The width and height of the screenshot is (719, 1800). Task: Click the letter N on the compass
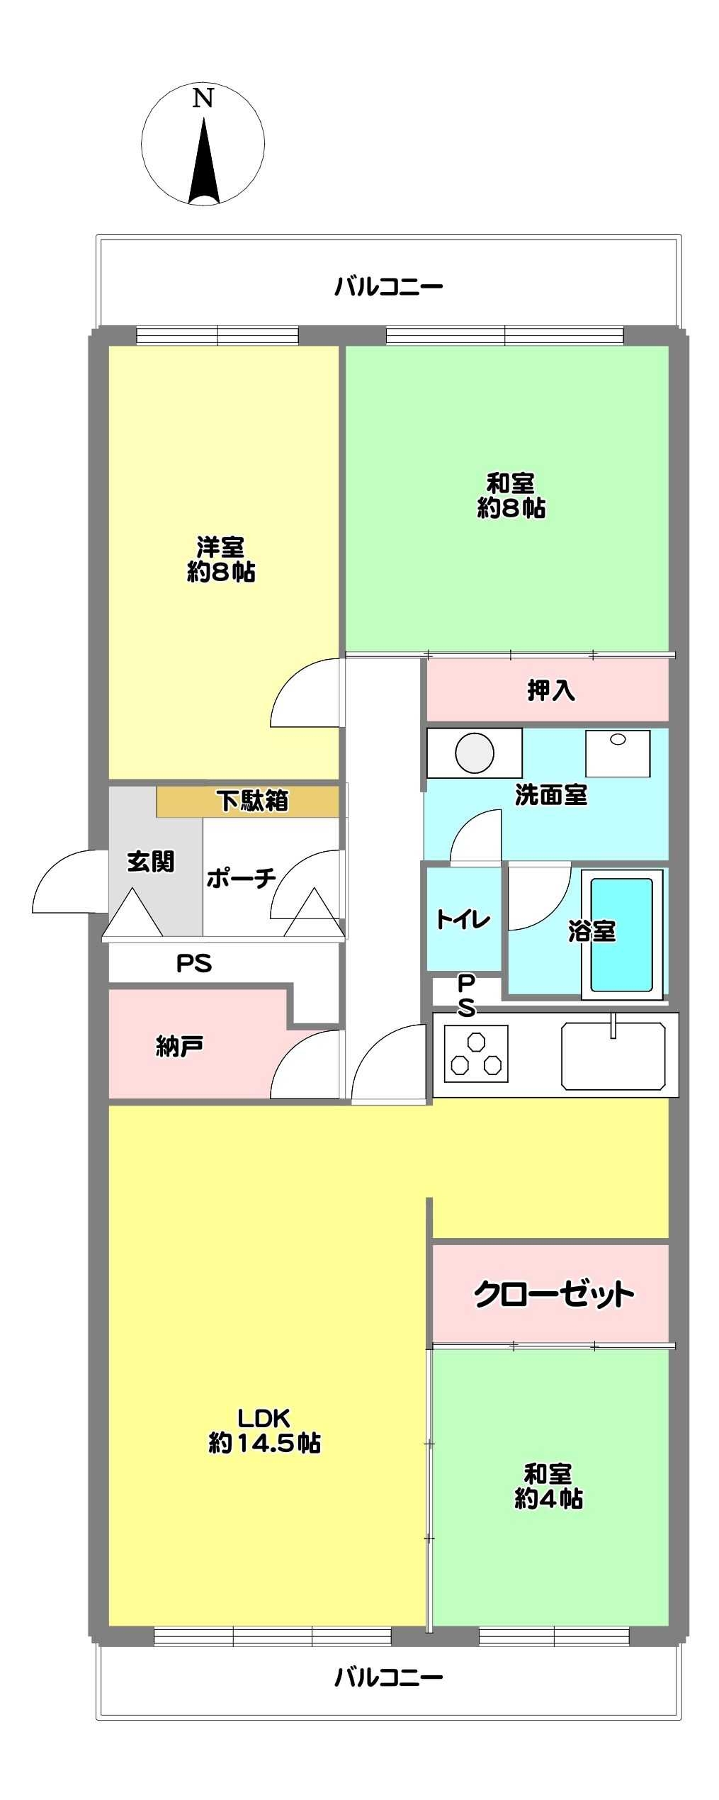(x=203, y=99)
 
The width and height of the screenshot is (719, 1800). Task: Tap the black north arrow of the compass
(x=204, y=167)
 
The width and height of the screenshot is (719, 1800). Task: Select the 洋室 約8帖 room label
(x=221, y=560)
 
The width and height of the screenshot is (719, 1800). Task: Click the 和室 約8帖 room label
(x=511, y=496)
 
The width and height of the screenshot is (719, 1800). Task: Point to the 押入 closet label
(x=550, y=690)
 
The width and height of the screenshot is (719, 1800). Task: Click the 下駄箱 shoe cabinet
(x=251, y=801)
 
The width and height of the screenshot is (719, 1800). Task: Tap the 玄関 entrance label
(x=150, y=862)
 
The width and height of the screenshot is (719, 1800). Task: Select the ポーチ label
(x=241, y=879)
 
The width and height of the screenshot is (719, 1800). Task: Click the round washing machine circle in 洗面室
(x=475, y=753)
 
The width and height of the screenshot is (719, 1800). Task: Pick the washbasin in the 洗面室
(x=618, y=753)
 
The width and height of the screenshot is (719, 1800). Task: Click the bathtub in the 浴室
(x=621, y=934)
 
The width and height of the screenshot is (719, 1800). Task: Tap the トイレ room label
(x=463, y=920)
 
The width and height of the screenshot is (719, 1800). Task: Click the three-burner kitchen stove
(x=476, y=1054)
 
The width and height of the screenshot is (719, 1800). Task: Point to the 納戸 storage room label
(x=179, y=1047)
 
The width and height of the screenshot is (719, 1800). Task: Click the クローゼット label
(x=553, y=1295)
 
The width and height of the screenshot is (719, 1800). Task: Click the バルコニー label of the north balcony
(x=389, y=286)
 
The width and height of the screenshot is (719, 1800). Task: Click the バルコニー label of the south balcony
(x=389, y=1677)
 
